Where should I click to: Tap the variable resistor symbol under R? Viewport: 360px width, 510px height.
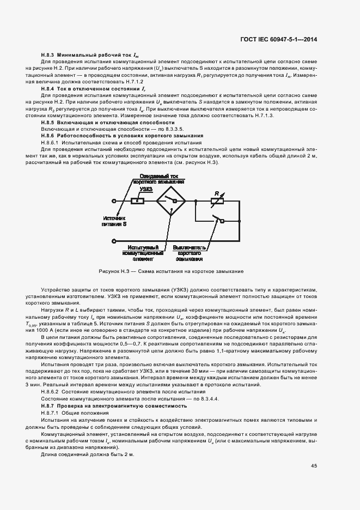(x=218, y=201)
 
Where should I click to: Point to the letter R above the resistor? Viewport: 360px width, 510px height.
(x=217, y=193)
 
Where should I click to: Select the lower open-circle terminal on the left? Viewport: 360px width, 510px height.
(x=113, y=240)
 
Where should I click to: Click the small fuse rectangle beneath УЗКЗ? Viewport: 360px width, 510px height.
(x=138, y=201)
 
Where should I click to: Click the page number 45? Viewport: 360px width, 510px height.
(x=314, y=465)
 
